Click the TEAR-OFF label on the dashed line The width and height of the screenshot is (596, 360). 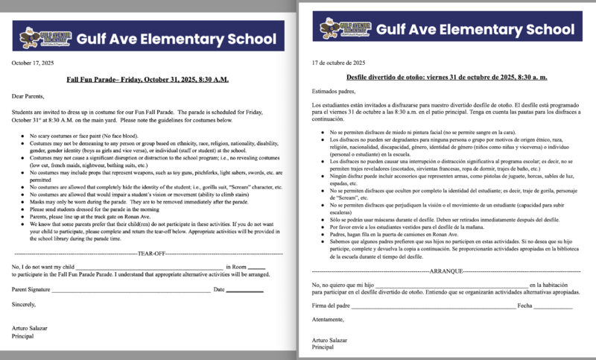point(153,254)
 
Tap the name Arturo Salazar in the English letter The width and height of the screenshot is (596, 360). point(34,329)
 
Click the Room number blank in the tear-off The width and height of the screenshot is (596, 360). point(256,267)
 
